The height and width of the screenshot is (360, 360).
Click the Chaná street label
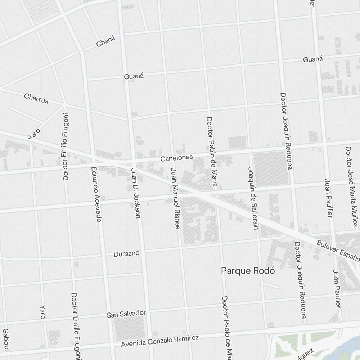tap(106, 41)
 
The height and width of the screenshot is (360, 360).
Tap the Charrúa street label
tap(36, 98)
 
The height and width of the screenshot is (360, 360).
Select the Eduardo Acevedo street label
tap(97, 195)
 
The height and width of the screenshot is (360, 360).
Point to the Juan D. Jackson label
tap(135, 193)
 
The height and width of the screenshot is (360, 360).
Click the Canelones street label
tap(177, 158)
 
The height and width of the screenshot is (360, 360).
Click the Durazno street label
tap(126, 254)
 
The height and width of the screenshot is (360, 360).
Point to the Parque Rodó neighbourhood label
tap(248, 271)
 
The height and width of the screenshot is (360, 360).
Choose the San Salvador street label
tap(126, 314)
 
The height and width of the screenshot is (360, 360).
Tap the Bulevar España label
tap(338, 251)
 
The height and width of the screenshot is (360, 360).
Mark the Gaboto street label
tap(5, 340)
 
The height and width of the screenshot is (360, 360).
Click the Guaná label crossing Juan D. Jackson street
tap(134, 76)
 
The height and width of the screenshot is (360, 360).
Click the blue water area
tap(351, 347)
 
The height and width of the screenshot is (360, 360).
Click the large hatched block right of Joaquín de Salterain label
tap(271, 168)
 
